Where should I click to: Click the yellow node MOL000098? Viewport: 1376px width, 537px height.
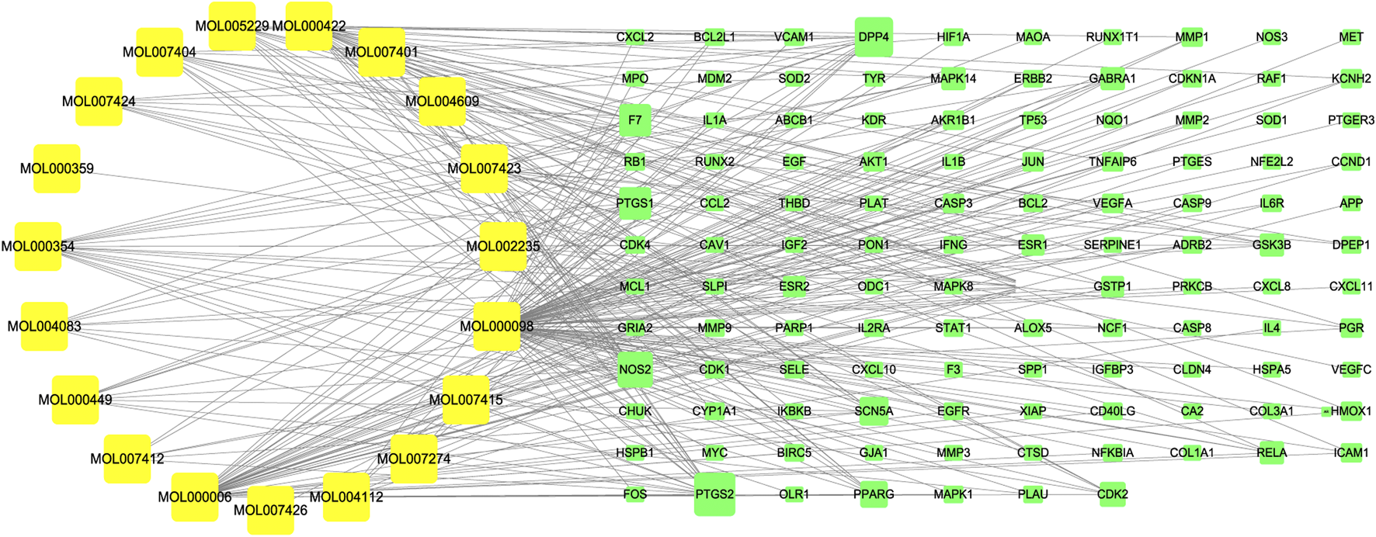click(497, 327)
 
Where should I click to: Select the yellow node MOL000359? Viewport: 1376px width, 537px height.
click(57, 168)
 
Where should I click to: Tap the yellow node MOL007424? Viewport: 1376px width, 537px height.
click(99, 102)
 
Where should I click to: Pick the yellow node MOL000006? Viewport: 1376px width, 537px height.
click(195, 497)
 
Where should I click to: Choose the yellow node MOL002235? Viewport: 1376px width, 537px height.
click(503, 247)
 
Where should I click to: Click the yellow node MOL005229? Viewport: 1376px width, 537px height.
click(232, 26)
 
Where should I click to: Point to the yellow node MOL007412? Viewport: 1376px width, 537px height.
click(127, 459)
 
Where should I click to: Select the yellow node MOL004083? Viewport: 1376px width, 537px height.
click(44, 326)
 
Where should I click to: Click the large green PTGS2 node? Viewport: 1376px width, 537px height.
click(714, 494)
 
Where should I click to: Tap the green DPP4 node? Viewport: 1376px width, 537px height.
click(874, 37)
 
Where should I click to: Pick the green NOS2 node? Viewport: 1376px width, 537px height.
click(635, 369)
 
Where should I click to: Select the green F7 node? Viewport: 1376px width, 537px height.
click(635, 120)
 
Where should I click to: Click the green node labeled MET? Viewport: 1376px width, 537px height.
click(1351, 37)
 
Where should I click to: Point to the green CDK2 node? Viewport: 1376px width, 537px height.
click(1112, 494)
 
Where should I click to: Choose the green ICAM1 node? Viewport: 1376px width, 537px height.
click(1351, 452)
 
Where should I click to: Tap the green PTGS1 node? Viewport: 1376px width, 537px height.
click(635, 203)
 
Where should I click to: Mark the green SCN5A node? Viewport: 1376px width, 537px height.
click(874, 411)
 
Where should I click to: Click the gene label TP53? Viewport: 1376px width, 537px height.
click(1033, 120)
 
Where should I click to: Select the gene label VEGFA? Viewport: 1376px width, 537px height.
click(1112, 203)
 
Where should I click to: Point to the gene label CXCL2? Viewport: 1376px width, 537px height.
click(635, 37)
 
